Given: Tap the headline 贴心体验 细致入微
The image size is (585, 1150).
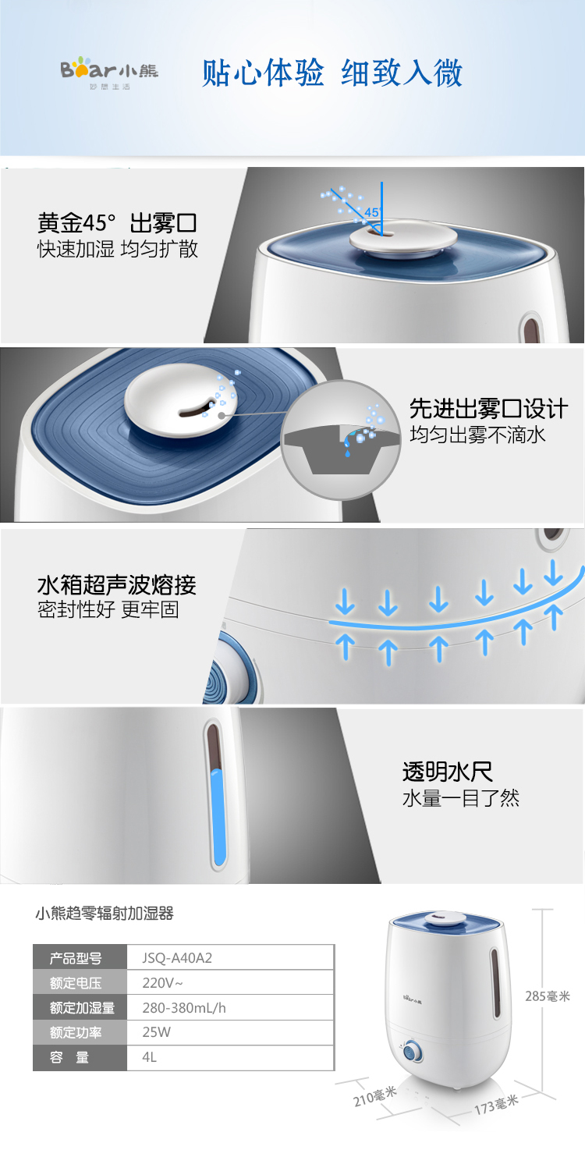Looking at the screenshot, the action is (332, 73).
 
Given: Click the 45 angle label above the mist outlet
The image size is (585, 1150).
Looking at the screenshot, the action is (371, 212).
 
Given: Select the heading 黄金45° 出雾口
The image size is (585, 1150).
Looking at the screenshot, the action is (117, 223).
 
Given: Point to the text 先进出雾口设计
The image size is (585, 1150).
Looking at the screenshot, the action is (488, 409).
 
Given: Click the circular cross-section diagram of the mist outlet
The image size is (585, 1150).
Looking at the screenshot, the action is (342, 439).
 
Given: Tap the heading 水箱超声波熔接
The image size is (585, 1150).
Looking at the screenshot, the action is (116, 585).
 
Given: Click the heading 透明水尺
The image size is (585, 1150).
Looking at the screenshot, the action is (448, 772).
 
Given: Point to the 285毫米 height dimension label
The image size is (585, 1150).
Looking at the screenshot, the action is (548, 996).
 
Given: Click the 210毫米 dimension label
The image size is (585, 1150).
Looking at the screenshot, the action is (374, 1096).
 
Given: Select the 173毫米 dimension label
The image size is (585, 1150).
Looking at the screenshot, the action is (496, 1105).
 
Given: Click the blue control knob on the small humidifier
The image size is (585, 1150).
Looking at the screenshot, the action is (412, 1052).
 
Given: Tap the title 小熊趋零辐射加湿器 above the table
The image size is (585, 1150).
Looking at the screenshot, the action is (105, 914).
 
